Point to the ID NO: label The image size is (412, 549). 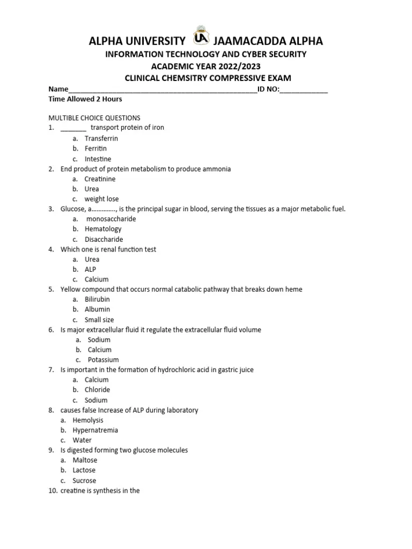[x=268, y=89]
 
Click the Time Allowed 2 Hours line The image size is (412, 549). [x=85, y=99]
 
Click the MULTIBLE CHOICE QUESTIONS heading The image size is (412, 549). [x=94, y=118]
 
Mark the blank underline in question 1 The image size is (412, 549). [x=73, y=128]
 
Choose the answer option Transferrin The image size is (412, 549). [x=101, y=138]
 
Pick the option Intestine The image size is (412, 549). [x=98, y=159]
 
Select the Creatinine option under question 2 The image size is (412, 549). [x=100, y=179]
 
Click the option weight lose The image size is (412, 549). [x=102, y=199]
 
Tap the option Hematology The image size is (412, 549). [x=103, y=229]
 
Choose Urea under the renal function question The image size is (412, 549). [x=92, y=259]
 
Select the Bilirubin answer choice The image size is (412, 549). [x=97, y=299]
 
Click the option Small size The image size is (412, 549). [x=99, y=320]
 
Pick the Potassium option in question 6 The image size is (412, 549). [x=104, y=360]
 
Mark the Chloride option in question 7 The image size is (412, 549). [x=97, y=390]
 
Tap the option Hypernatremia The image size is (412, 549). [x=95, y=430]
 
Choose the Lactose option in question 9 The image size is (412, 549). [x=85, y=470]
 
